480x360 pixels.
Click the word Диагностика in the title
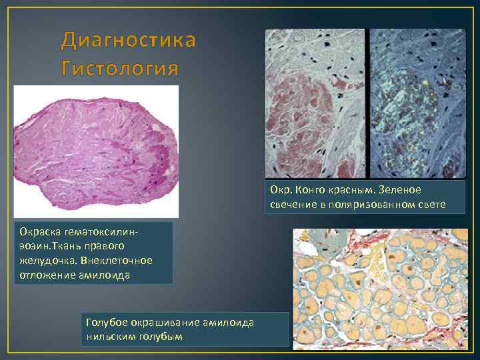(129, 41)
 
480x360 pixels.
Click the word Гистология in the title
(119, 68)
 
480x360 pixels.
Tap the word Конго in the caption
(304, 190)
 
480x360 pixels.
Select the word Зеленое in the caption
(401, 190)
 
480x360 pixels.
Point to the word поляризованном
(369, 203)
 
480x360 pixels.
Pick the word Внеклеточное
(119, 259)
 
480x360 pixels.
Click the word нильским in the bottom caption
(110, 336)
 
